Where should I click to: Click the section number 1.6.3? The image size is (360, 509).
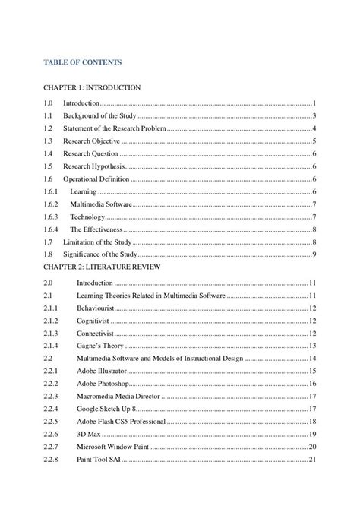[50, 217]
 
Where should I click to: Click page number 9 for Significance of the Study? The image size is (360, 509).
[314, 253]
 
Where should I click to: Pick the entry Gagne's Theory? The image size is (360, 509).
[100, 345]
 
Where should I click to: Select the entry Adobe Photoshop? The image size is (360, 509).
[106, 384]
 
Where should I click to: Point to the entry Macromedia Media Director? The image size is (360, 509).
[120, 396]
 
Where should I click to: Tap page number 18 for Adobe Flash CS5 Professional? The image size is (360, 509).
[312, 421]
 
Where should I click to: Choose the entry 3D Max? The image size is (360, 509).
[88, 434]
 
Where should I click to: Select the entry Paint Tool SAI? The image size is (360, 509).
[100, 459]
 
